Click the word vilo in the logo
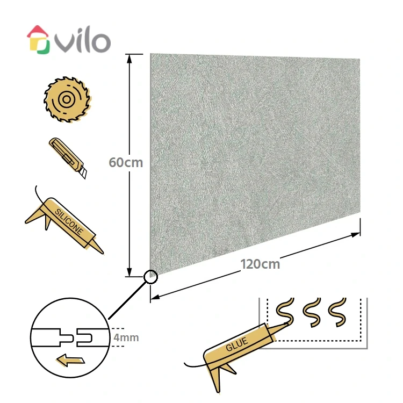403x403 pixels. [x=83, y=42]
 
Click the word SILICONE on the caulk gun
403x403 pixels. [x=69, y=222]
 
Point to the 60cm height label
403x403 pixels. [x=126, y=162]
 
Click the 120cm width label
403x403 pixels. [x=260, y=264]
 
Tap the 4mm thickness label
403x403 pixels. [x=127, y=337]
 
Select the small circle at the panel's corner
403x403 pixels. [x=151, y=277]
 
